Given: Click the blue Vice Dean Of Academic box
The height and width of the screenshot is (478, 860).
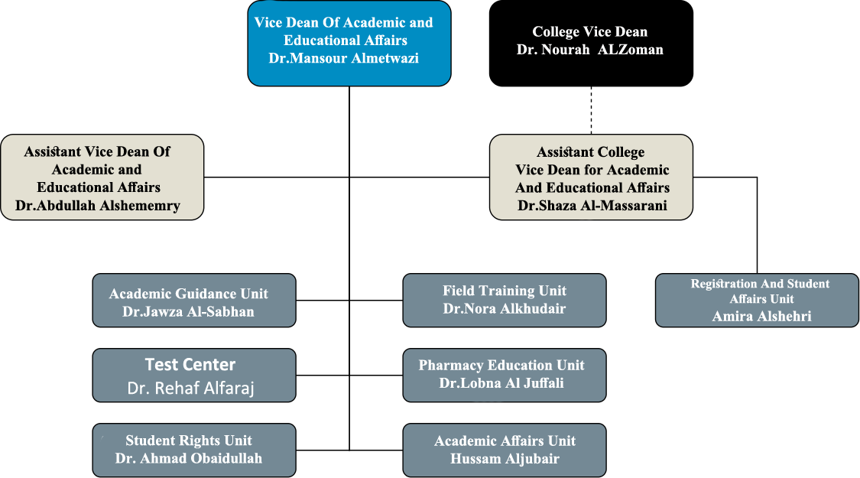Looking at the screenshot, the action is click(x=349, y=44).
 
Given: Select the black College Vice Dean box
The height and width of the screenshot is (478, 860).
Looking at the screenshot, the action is click(x=591, y=44).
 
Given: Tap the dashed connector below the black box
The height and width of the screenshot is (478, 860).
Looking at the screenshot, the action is click(x=591, y=110).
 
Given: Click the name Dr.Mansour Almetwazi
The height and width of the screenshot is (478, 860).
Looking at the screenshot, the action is click(x=344, y=58).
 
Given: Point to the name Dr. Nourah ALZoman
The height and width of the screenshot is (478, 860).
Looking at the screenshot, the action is click(x=590, y=50).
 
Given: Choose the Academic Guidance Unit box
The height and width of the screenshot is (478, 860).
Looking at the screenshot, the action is click(x=194, y=301).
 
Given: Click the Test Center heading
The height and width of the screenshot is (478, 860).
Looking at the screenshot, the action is click(x=190, y=364).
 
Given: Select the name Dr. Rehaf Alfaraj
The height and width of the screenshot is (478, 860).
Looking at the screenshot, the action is click(x=191, y=388).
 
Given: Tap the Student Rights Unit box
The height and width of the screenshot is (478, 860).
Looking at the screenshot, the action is click(x=194, y=450).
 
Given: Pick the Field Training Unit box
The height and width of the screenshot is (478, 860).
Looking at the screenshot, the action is click(x=505, y=301).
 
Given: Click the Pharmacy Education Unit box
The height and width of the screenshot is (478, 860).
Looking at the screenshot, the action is click(x=505, y=376).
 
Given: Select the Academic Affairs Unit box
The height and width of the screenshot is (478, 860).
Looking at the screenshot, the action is click(x=505, y=450).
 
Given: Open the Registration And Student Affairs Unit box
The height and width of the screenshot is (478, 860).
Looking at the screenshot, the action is click(x=758, y=301).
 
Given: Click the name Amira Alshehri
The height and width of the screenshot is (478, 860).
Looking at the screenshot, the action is click(x=762, y=316).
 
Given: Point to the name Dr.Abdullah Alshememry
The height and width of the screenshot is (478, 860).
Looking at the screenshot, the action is click(x=98, y=206).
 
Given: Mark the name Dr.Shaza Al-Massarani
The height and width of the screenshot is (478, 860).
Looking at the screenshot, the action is click(x=592, y=206).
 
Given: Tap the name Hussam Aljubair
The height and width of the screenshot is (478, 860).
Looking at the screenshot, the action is click(x=505, y=459).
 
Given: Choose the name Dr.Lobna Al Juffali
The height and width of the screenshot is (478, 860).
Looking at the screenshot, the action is click(x=501, y=383).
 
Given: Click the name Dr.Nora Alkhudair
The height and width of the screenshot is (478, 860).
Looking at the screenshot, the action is click(x=504, y=308).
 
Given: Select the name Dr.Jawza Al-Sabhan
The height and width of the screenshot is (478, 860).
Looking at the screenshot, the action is click(x=189, y=312).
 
